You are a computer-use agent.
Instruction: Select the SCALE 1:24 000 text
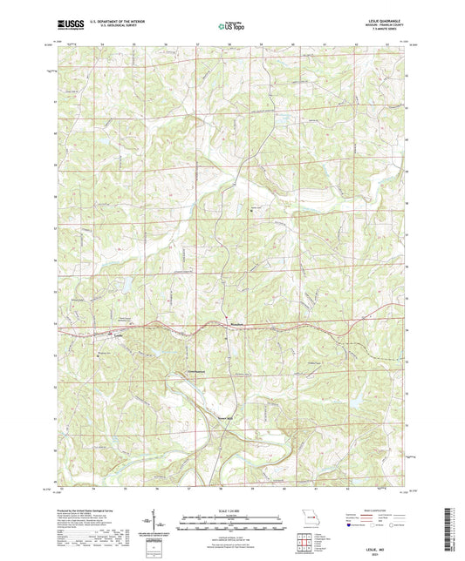pyautogui.click(x=232, y=510)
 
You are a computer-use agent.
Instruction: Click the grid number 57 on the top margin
pyautogui.click(x=198, y=42)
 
